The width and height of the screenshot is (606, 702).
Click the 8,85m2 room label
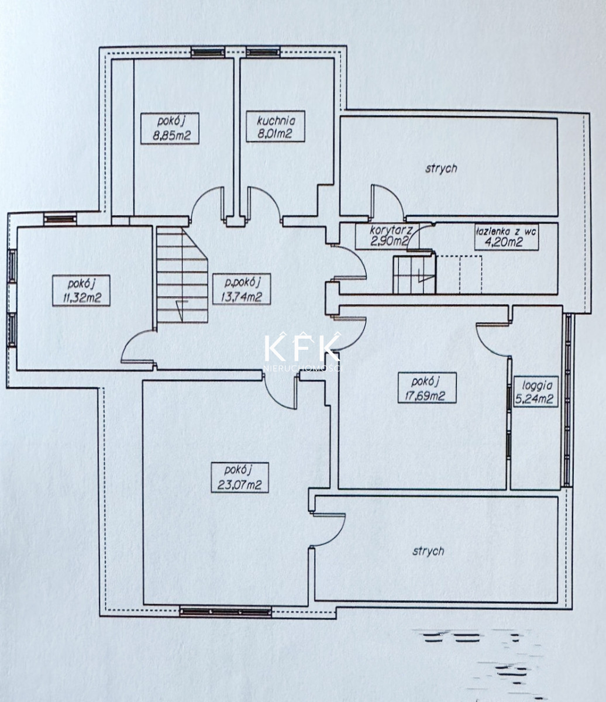(x=170, y=128)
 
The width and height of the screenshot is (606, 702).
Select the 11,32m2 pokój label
(x=81, y=291)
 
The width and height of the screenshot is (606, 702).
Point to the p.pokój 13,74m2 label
(x=242, y=288)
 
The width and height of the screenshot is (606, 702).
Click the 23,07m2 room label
(x=239, y=477)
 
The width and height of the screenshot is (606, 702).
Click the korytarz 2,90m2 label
(x=387, y=236)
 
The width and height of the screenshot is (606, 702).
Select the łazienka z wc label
(x=506, y=232)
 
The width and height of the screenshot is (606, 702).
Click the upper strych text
(x=441, y=168)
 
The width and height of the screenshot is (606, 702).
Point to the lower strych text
(x=428, y=551)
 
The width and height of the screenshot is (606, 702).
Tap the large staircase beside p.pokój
(x=182, y=275)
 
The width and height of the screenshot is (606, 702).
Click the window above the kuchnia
(x=263, y=52)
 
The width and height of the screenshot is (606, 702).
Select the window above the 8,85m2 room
(x=208, y=52)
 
